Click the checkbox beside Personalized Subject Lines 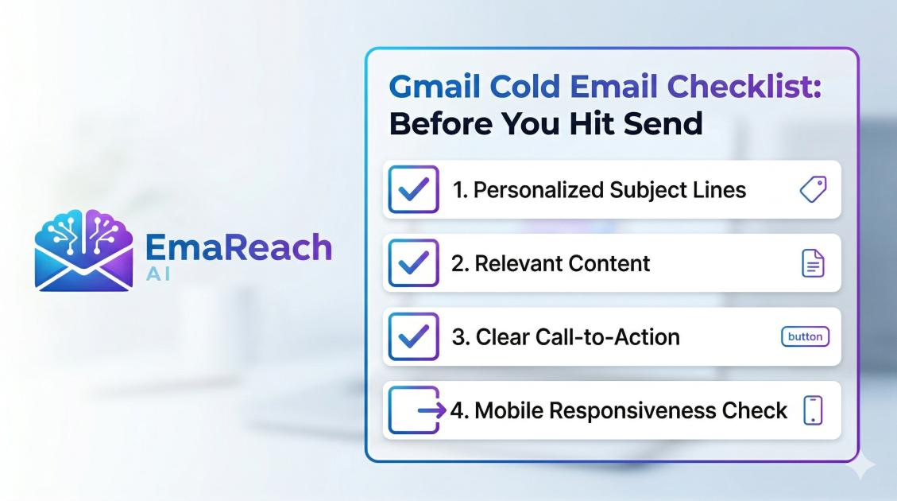pyautogui.click(x=413, y=189)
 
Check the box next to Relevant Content pyautogui.click(x=413, y=263)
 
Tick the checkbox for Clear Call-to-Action pyautogui.click(x=413, y=336)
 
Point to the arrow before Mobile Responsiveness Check pyautogui.click(x=432, y=410)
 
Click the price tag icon pyautogui.click(x=813, y=189)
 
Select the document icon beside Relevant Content pyautogui.click(x=813, y=263)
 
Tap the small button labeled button pyautogui.click(x=805, y=336)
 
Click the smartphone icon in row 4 pyautogui.click(x=813, y=410)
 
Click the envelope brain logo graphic pyautogui.click(x=83, y=249)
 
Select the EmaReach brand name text pyautogui.click(x=238, y=247)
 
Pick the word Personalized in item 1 pyautogui.click(x=538, y=190)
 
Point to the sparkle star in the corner pyautogui.click(x=861, y=468)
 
